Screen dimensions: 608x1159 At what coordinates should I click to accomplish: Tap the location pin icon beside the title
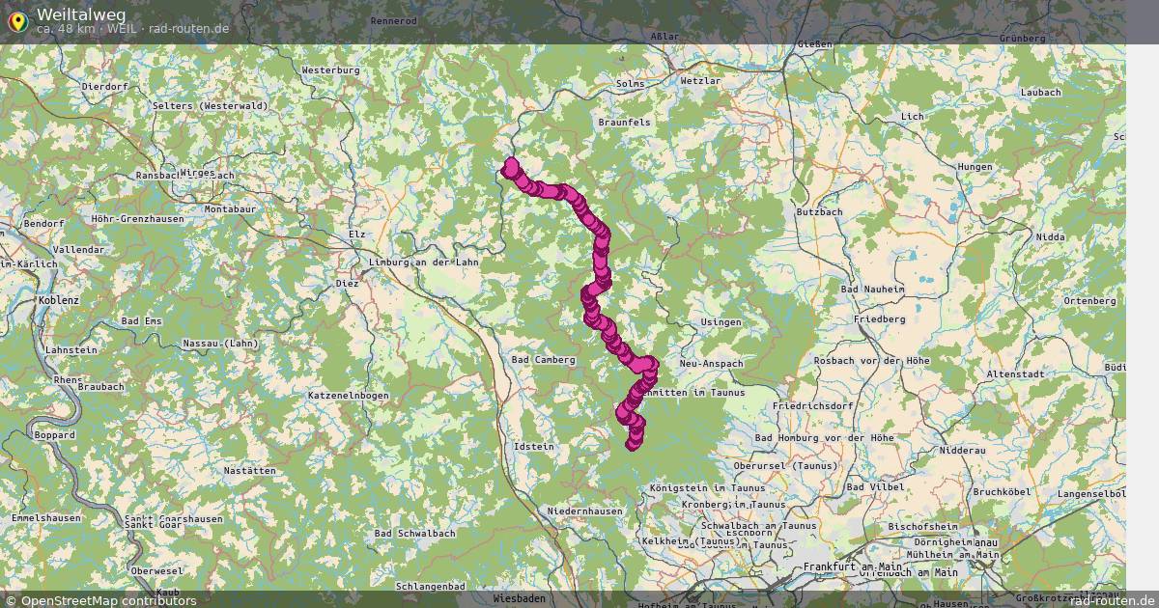point(16,19)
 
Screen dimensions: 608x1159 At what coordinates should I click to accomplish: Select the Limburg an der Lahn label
point(424,263)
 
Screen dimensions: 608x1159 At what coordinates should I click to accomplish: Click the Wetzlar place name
point(700,81)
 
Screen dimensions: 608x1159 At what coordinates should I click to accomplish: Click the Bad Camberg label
point(543,359)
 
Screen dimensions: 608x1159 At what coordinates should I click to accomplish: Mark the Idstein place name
point(535,447)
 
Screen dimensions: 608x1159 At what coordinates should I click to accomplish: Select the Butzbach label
point(819,211)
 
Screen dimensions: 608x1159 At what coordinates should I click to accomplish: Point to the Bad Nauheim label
point(872,289)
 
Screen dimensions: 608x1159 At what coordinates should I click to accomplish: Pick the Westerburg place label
point(330,70)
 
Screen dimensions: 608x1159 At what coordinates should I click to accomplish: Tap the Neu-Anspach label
point(712,364)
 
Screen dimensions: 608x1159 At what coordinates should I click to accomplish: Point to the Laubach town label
point(1039,92)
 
